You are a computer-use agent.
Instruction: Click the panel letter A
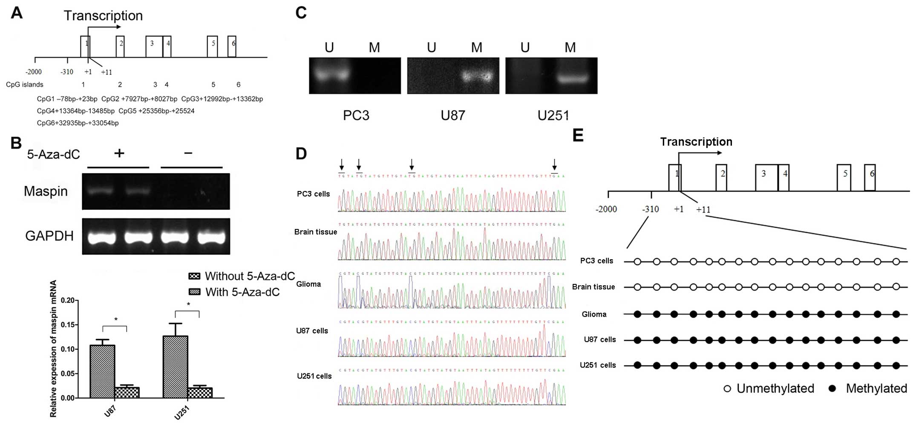coord(17,13)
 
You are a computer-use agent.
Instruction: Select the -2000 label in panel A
coord(34,72)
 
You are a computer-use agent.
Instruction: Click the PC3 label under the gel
coord(356,116)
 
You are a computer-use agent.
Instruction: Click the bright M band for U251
coord(570,78)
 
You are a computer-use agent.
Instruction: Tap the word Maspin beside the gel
coord(46,191)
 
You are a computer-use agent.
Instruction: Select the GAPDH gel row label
coord(49,236)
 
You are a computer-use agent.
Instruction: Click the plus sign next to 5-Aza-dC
coord(119,153)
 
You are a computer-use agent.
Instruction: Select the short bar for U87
coord(127,392)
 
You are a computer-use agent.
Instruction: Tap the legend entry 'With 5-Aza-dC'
coord(242,292)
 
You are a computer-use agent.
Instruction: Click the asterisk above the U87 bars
coord(115,320)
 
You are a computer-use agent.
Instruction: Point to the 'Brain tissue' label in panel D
coord(316,232)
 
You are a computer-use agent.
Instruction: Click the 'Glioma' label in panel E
coord(594,314)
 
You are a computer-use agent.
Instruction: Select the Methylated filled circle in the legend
coord(832,388)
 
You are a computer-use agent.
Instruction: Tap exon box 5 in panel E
coord(844,177)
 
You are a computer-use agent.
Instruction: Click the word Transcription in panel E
coord(696,142)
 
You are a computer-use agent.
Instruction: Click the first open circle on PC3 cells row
coord(637,261)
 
